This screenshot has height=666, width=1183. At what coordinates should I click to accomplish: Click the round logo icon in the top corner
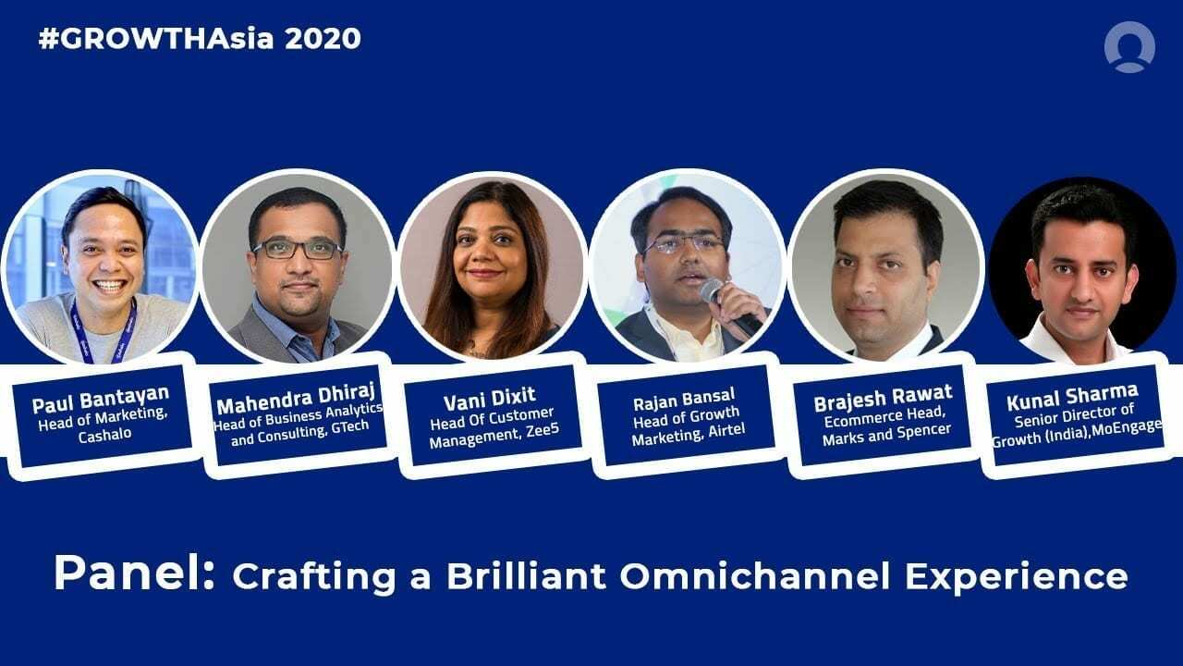(1128, 46)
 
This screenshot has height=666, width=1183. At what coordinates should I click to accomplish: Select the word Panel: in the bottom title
(134, 574)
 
